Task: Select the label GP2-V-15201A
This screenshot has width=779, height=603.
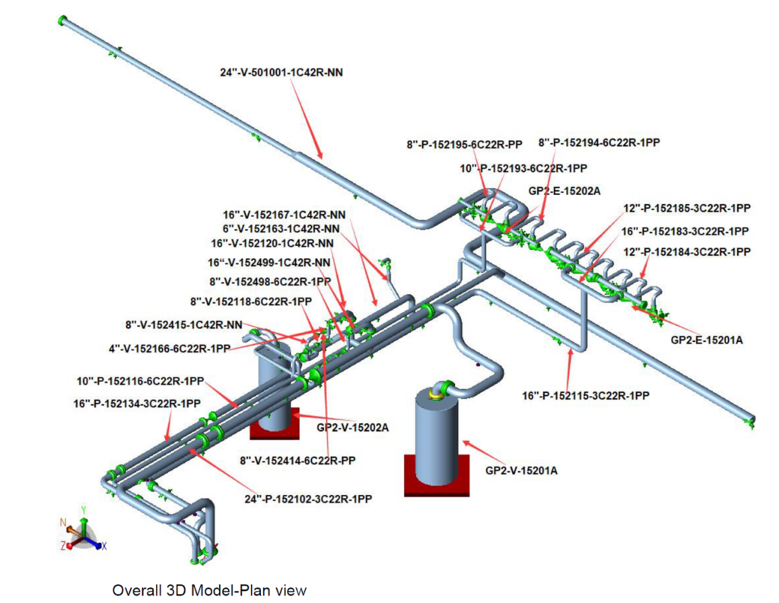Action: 521,471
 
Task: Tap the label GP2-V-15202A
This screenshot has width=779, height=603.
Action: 352,427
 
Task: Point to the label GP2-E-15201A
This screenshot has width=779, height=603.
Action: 706,340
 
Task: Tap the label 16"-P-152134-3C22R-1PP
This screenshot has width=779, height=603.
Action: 137,402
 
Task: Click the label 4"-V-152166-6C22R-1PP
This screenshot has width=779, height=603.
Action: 169,349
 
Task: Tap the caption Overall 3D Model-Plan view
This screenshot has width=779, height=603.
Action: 209,589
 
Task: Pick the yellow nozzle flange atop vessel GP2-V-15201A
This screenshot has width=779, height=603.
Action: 437,392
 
